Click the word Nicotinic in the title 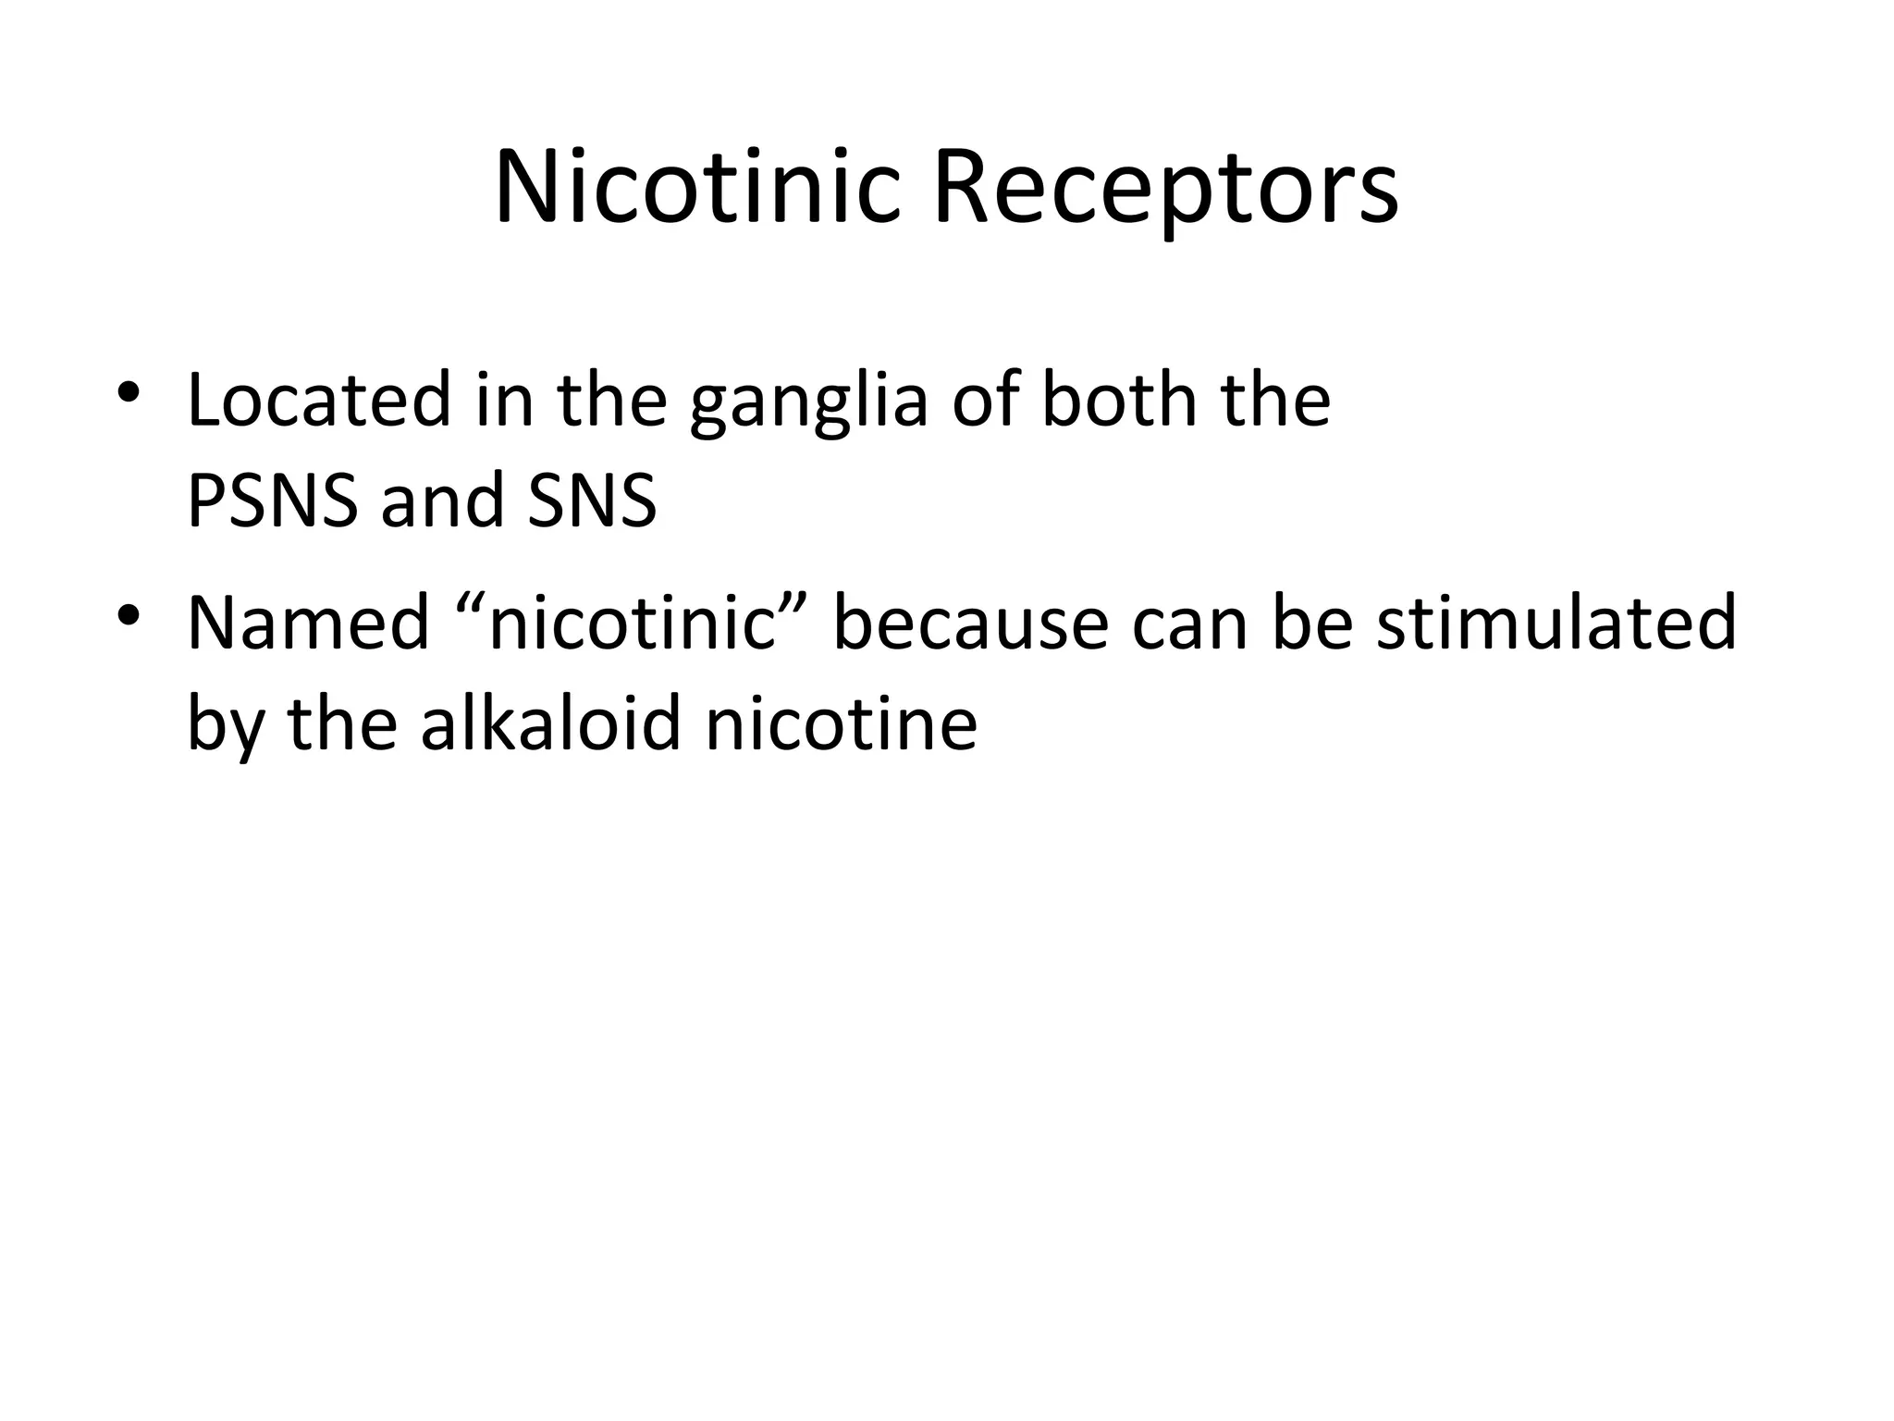click(x=697, y=189)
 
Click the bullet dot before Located click(x=129, y=390)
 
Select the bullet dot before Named click(x=129, y=613)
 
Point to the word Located click(x=318, y=400)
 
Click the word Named click(x=308, y=624)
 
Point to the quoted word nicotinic click(x=632, y=624)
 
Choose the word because click(x=970, y=624)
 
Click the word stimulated click(x=1556, y=624)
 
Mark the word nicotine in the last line click(x=842, y=723)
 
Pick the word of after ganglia click(x=985, y=400)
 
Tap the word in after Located click(x=504, y=400)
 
